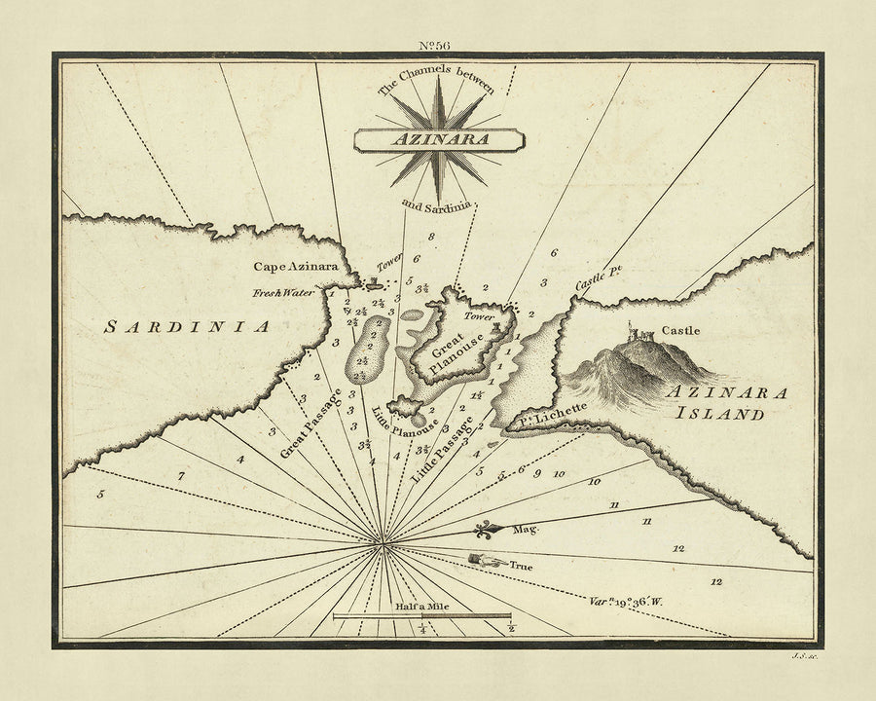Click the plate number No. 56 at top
click(437, 45)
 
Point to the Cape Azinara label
click(296, 266)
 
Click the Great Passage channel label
click(311, 424)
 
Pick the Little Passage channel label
click(442, 449)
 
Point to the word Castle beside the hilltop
click(680, 331)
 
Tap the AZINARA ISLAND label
click(726, 402)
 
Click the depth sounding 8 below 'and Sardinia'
click(430, 237)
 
